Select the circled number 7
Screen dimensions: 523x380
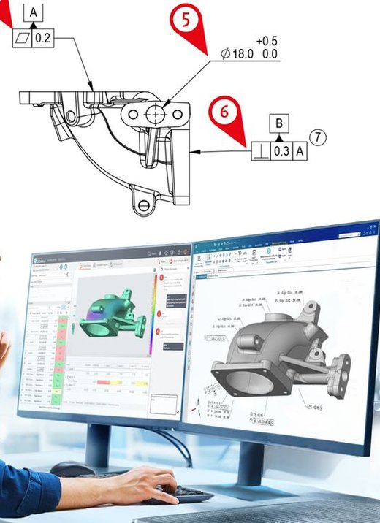point(316,137)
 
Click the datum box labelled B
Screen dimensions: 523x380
point(278,121)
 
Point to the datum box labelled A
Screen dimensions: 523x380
point(34,11)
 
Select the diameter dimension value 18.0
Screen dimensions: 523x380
point(241,54)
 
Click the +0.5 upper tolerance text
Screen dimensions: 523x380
point(267,41)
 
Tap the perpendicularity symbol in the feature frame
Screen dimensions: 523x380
point(261,151)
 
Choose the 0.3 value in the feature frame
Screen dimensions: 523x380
point(281,151)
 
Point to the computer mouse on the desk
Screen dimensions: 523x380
point(72,470)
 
